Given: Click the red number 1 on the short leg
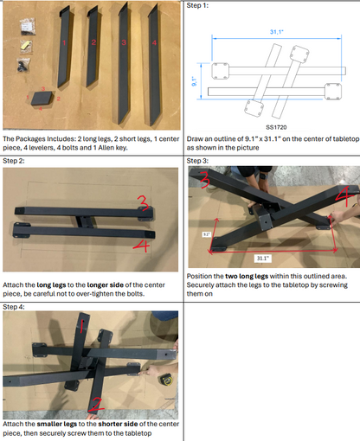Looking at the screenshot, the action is (64, 42).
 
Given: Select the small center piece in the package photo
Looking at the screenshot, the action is (42, 99).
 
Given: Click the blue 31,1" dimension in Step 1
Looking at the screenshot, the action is (276, 32).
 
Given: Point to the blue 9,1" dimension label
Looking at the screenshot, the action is (194, 81).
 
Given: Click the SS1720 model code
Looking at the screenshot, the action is (276, 127).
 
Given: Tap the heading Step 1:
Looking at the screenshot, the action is (197, 5).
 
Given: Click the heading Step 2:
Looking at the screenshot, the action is (14, 161).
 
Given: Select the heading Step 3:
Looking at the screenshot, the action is (197, 161).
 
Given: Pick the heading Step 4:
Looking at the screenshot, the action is (14, 307).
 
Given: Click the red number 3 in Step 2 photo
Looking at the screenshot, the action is (144, 203).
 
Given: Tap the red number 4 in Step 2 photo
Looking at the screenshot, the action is (142, 246).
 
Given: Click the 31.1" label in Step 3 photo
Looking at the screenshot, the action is (263, 259).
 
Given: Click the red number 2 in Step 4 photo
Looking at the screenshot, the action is (96, 405).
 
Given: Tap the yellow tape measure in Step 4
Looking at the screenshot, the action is (166, 380).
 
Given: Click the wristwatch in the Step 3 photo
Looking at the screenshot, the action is (263, 176).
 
